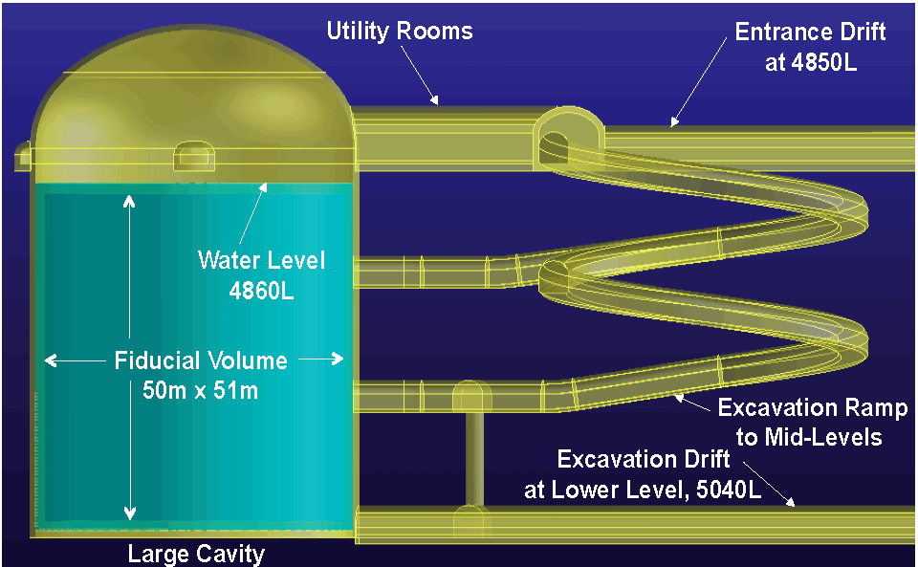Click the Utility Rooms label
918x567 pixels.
point(400,31)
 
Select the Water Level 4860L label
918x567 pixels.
point(261,274)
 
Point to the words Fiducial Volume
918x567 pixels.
point(201,360)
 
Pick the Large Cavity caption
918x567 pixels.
point(196,554)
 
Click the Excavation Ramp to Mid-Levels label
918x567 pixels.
point(812,423)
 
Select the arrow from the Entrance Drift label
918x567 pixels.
point(675,121)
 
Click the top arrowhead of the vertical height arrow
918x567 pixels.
point(130,199)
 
